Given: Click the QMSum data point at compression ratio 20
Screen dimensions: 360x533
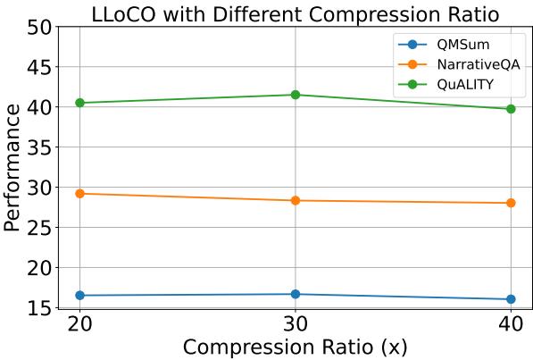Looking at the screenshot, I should pos(80,295).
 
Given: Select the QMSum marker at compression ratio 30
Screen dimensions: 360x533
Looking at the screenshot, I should pos(296,294).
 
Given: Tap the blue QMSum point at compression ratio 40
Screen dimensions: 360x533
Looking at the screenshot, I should pos(511,299).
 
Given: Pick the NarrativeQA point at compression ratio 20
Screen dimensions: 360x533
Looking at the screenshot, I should pos(80,193).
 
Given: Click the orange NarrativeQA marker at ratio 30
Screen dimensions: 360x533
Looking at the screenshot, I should pos(296,200).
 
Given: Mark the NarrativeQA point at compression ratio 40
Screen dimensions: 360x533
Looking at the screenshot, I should pos(511,203).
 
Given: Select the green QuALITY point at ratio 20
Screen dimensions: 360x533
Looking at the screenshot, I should pos(80,103).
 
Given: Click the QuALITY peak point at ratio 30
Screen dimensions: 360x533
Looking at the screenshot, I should pos(296,95).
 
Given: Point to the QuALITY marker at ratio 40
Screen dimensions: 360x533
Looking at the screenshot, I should pos(511,109).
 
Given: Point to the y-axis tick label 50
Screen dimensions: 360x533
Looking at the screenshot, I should pos(38,27).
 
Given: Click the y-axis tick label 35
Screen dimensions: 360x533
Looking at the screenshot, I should pos(38,147).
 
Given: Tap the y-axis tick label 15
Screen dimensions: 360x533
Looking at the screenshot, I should pos(38,308).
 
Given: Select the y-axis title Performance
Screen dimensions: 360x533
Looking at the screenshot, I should pos(12,168).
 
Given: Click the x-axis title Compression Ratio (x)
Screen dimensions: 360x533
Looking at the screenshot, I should pos(296,347).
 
